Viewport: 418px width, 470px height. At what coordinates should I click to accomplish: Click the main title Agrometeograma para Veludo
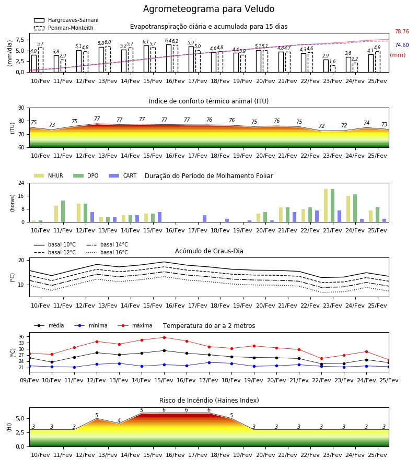(x=208, y=9)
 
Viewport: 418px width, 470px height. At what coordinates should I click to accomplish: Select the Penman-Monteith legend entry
(x=64, y=28)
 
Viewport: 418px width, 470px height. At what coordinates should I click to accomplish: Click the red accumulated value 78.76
(x=402, y=31)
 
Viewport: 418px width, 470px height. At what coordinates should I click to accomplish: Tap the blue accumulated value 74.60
(x=402, y=45)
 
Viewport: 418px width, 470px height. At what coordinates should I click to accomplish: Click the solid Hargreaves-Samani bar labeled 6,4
(x=169, y=58)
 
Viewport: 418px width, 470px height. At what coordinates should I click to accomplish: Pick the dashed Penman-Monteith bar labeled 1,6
(x=333, y=68)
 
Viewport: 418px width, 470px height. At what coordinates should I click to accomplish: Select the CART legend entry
(x=122, y=175)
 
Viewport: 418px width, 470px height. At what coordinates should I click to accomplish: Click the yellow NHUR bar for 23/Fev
(x=326, y=206)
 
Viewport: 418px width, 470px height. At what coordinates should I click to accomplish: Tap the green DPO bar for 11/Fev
(x=63, y=211)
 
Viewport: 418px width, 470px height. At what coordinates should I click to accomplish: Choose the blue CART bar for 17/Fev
(x=204, y=219)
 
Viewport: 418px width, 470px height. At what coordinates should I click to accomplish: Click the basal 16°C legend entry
(x=107, y=252)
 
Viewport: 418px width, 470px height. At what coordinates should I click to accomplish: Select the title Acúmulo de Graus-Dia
(x=209, y=251)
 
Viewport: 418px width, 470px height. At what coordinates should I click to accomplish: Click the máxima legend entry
(x=135, y=325)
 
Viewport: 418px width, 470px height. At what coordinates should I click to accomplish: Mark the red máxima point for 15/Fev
(x=164, y=337)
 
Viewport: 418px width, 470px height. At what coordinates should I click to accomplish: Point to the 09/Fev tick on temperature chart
(x=29, y=380)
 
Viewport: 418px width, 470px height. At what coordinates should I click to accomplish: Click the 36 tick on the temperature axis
(x=21, y=337)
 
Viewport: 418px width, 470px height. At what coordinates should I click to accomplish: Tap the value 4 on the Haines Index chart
(x=119, y=420)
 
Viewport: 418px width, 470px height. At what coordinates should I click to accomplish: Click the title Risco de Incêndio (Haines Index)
(x=209, y=400)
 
